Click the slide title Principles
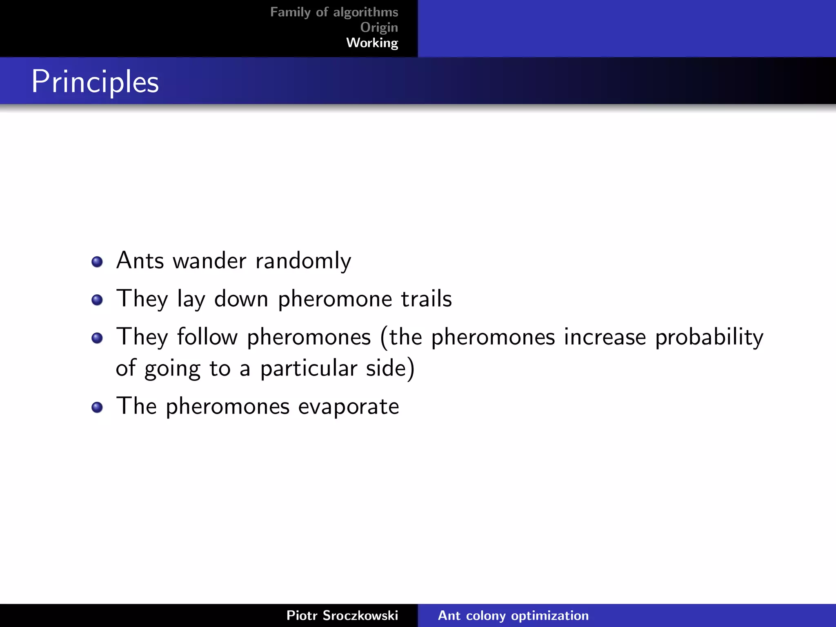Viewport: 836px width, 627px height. coord(95,82)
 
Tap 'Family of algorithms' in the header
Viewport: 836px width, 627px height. coord(334,12)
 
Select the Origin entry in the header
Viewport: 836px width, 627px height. coord(379,27)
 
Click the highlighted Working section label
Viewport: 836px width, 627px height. coord(372,42)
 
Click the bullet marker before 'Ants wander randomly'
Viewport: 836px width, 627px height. coord(97,262)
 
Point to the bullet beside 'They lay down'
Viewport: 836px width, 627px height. coord(97,300)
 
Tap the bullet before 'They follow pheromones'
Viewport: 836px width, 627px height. coord(97,338)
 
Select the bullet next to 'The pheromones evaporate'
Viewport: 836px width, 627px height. coord(97,407)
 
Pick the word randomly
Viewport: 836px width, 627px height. coord(303,261)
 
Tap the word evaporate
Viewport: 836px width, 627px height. coord(348,407)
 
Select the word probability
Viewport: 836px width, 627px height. coord(709,338)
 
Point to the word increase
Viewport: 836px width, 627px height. coord(605,338)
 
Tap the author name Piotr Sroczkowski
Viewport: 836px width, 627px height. coord(342,616)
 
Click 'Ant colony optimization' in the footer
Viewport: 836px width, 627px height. coord(513,616)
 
